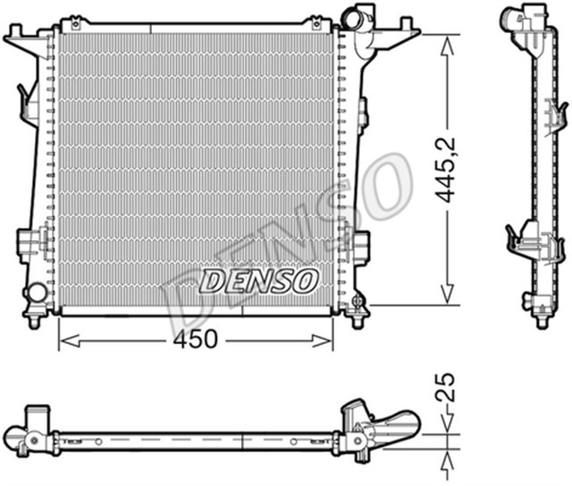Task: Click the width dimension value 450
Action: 195,340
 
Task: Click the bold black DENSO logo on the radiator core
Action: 259,281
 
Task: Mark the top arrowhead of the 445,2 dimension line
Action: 444,41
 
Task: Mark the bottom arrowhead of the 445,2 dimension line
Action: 444,298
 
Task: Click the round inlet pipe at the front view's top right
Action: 358,16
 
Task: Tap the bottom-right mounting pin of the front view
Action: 358,318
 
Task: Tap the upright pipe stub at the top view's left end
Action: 38,417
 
